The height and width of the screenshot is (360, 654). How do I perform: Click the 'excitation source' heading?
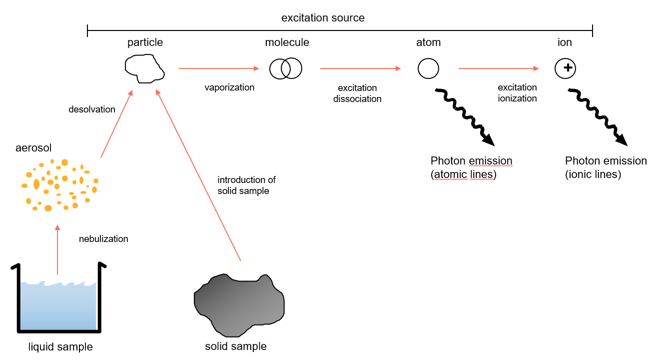tap(323, 18)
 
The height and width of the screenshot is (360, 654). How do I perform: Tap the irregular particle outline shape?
tap(144, 68)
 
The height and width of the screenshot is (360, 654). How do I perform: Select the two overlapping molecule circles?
tap(286, 68)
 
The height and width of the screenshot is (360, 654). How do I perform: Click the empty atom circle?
tap(428, 68)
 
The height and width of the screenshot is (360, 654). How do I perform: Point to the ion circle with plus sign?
tap(566, 68)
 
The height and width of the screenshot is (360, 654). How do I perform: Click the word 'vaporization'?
tap(229, 87)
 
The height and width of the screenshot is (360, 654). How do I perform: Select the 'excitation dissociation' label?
tap(357, 93)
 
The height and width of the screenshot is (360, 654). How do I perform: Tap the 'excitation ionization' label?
tap(517, 93)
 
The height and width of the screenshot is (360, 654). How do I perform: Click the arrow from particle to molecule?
tap(219, 68)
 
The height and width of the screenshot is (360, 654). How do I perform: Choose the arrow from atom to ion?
tap(499, 68)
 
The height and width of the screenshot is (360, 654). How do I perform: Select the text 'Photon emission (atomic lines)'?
tap(471, 168)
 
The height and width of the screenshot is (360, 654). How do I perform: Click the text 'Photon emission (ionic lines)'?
tap(606, 167)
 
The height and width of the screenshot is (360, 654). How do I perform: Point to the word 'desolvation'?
tap(92, 109)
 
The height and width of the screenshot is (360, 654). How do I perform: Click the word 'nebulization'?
tap(103, 239)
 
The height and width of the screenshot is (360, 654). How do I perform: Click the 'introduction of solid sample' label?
tap(246, 185)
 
